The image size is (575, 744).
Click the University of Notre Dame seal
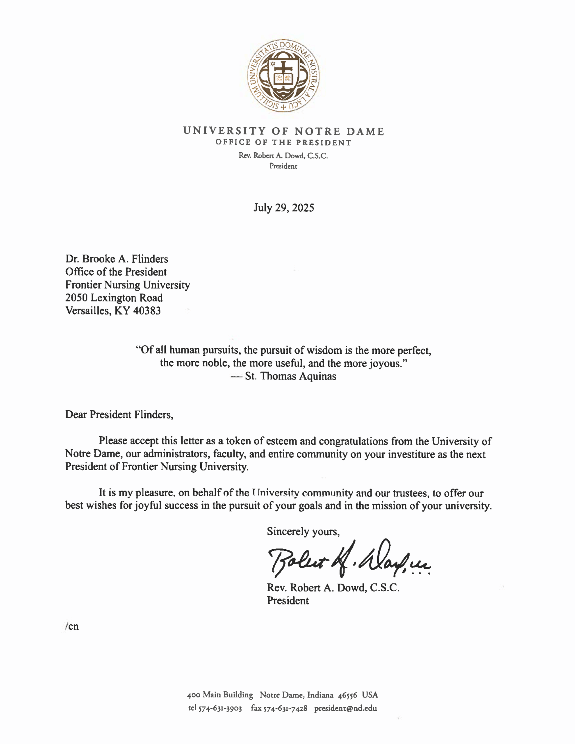(283, 76)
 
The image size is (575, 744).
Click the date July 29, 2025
(284, 208)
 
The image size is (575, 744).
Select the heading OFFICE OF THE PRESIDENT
(283, 143)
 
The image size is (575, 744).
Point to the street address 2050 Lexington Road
(114, 298)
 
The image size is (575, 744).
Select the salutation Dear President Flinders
(119, 415)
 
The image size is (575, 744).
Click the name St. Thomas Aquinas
(290, 376)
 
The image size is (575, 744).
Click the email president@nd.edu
(346, 709)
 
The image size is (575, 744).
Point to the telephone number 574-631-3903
(220, 709)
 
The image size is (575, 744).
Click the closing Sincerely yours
(303, 532)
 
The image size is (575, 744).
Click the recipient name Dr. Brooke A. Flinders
(117, 259)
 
